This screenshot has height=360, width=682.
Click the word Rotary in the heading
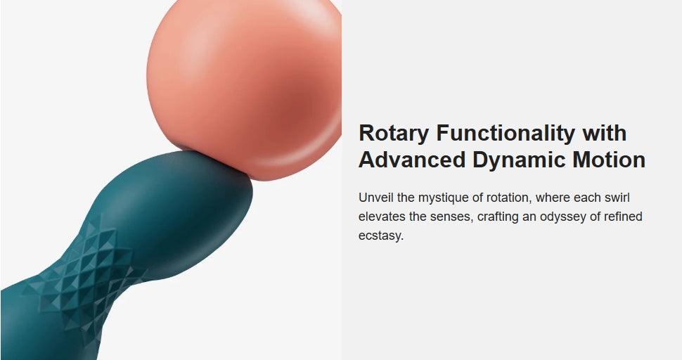[x=394, y=134]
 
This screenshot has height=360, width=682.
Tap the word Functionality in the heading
[x=506, y=134]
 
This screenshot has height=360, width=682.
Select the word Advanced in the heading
[x=412, y=160]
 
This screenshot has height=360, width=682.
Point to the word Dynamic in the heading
[x=519, y=160]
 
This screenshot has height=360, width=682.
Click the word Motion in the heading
[x=609, y=160]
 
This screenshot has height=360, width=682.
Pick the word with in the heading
[x=605, y=133]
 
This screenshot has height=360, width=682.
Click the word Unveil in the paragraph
[x=375, y=198]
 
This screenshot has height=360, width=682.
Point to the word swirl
[x=617, y=198]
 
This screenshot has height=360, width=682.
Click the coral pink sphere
[x=243, y=87]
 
